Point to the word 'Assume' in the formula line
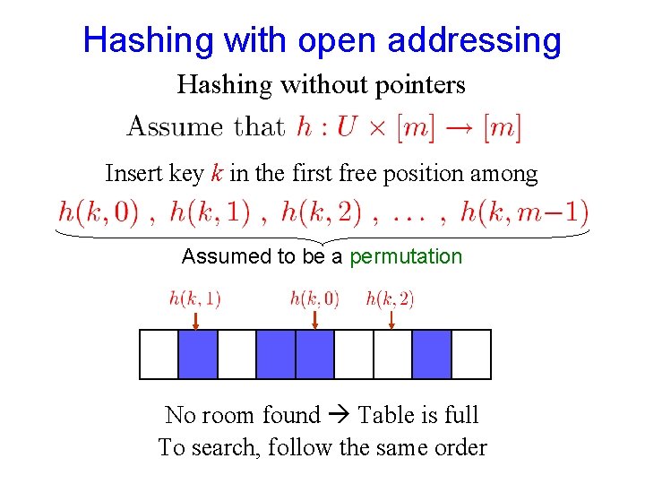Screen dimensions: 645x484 pos(176,127)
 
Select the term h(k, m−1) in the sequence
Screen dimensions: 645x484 pos(524,213)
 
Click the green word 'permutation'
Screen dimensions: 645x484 pos(406,256)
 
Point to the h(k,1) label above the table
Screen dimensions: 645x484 pos(194,298)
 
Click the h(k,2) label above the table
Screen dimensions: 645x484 pos(390,298)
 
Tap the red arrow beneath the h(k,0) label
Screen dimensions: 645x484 pos(314,321)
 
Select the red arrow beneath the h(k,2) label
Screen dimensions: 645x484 pos(392,321)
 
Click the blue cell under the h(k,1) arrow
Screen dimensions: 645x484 pos(198,354)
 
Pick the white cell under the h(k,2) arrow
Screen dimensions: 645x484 pos(392,354)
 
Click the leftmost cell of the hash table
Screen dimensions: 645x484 pos(159,354)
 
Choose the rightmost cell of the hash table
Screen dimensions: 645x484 pos(471,354)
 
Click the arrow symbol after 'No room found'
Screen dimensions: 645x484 pos(338,416)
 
